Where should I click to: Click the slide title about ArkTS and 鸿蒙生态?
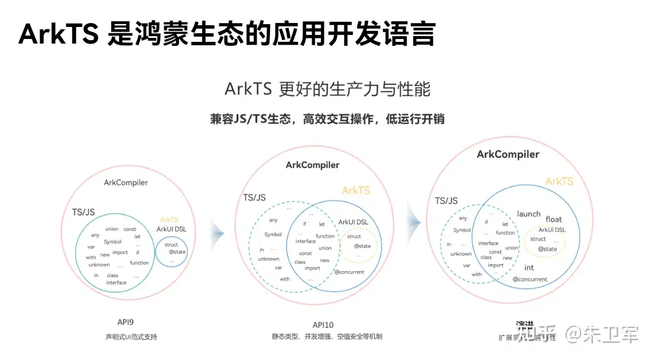(226, 34)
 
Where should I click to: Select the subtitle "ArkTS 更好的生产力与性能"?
(327, 89)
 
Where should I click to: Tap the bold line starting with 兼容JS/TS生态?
(327, 119)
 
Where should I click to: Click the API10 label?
(327, 324)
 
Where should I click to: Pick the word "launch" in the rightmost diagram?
(528, 214)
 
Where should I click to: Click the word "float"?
(554, 219)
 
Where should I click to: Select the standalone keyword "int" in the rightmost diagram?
(529, 267)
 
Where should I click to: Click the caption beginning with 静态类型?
(327, 336)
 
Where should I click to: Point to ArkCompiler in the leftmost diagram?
(125, 182)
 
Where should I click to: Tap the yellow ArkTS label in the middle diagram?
(356, 190)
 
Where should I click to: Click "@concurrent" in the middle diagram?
(349, 272)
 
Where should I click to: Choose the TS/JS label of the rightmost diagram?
(446, 201)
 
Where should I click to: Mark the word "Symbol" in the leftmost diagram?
(112, 242)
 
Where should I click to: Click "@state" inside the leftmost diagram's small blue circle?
(177, 252)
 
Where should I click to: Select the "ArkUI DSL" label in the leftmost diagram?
(171, 229)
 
